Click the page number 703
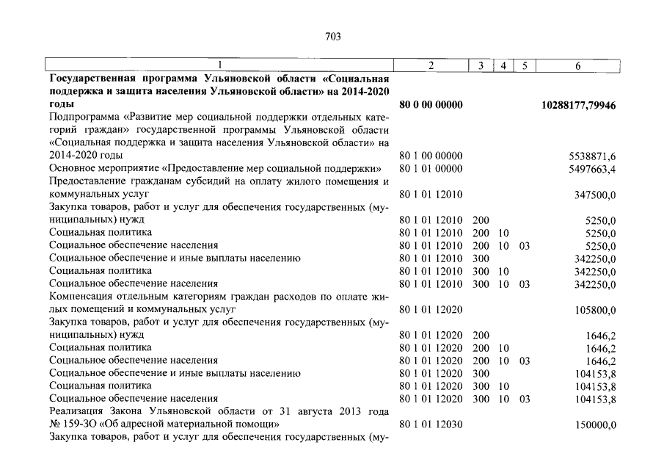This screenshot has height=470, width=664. click(x=333, y=36)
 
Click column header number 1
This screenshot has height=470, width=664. click(x=219, y=66)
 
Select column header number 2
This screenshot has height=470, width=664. click(x=431, y=66)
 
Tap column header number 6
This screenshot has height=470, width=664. click(x=578, y=66)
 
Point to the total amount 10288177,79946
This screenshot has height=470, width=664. click(x=579, y=106)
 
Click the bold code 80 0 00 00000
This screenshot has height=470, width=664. click(x=431, y=106)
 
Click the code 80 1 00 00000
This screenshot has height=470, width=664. click(x=431, y=156)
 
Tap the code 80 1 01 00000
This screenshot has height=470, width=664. click(x=431, y=169)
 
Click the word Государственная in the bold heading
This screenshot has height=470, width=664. click(x=95, y=79)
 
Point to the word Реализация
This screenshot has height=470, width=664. click(x=78, y=411)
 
